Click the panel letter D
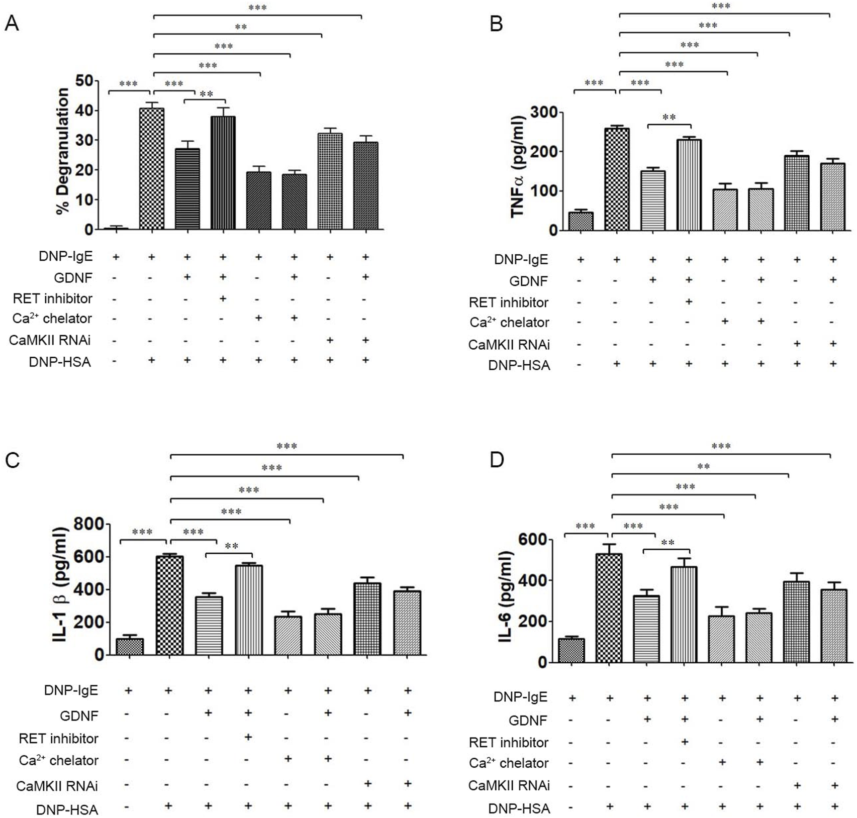496,460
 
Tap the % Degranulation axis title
63,151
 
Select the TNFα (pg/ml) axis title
518,166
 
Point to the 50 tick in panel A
84,80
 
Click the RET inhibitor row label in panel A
53,298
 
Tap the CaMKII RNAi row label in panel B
509,345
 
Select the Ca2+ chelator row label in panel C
58,760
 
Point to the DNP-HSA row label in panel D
519,808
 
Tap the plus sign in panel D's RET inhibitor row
684,742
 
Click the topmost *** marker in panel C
287,446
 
